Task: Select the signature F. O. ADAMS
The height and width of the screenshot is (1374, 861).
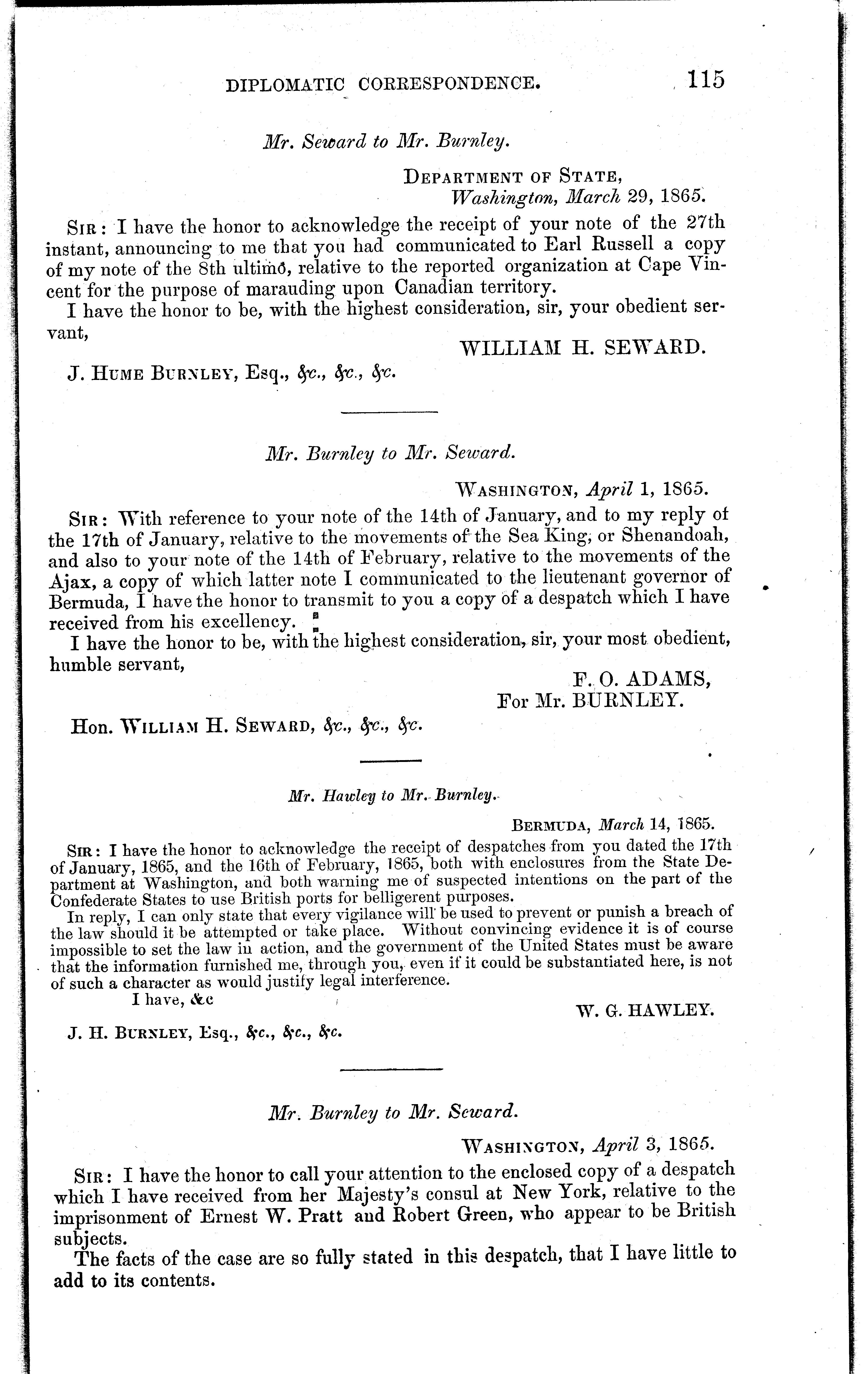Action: [641, 679]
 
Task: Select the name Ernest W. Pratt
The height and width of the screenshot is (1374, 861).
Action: [270, 1216]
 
